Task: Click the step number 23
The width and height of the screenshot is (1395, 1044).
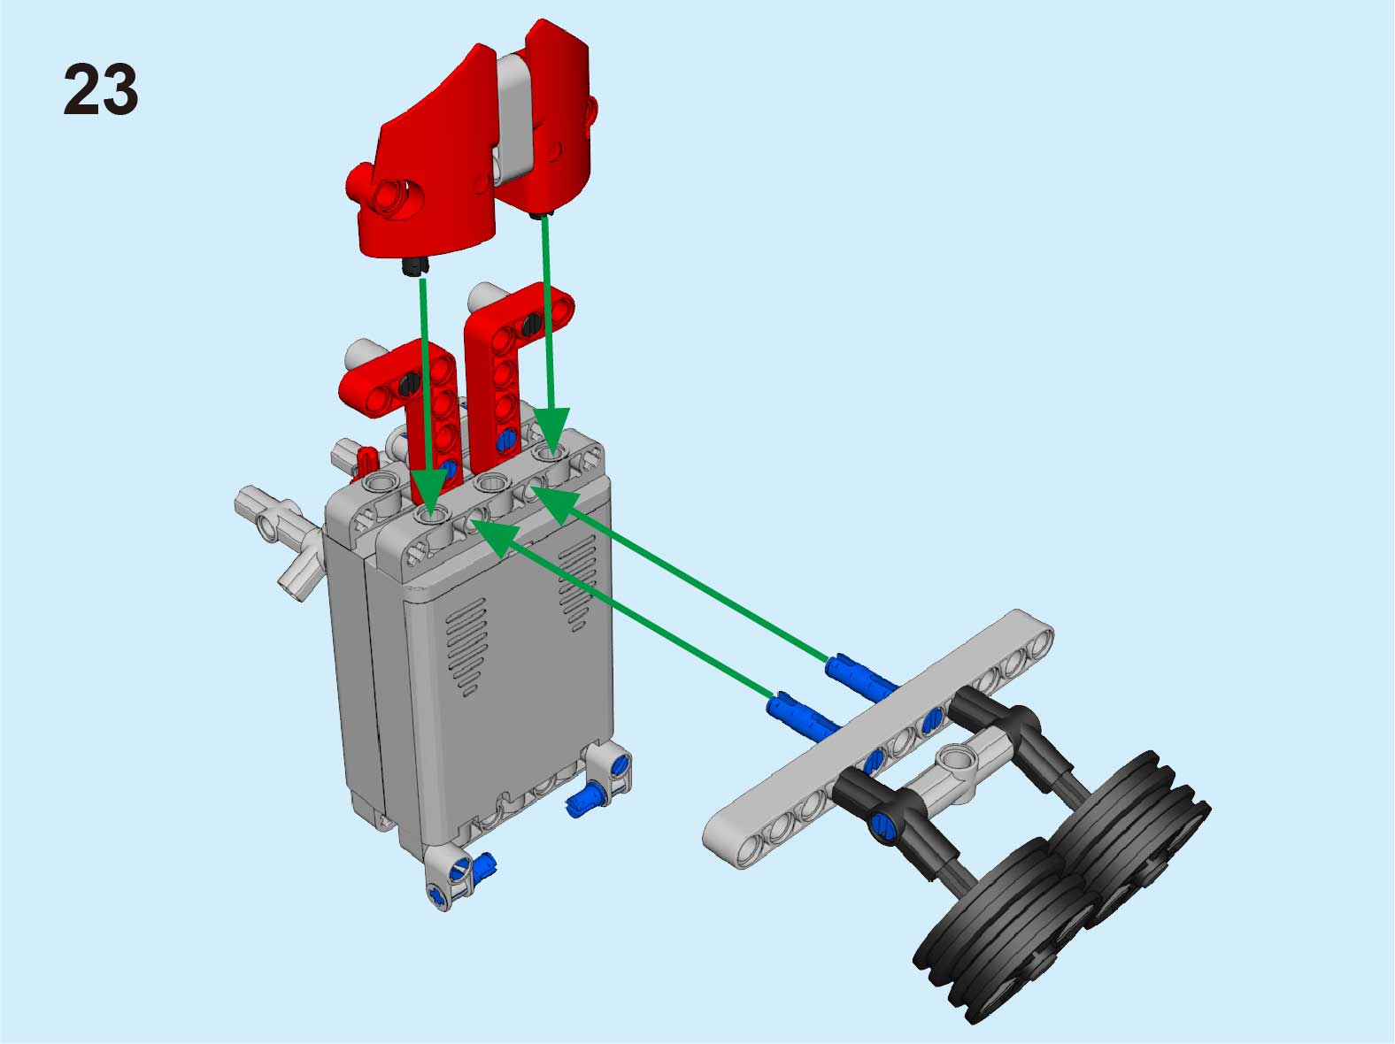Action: [100, 89]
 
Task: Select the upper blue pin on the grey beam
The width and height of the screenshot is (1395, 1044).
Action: [861, 679]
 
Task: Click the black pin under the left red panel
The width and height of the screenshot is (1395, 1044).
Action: [414, 266]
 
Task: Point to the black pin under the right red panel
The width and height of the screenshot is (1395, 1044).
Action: [540, 215]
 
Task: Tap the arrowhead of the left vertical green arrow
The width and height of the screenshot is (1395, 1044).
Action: [429, 495]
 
